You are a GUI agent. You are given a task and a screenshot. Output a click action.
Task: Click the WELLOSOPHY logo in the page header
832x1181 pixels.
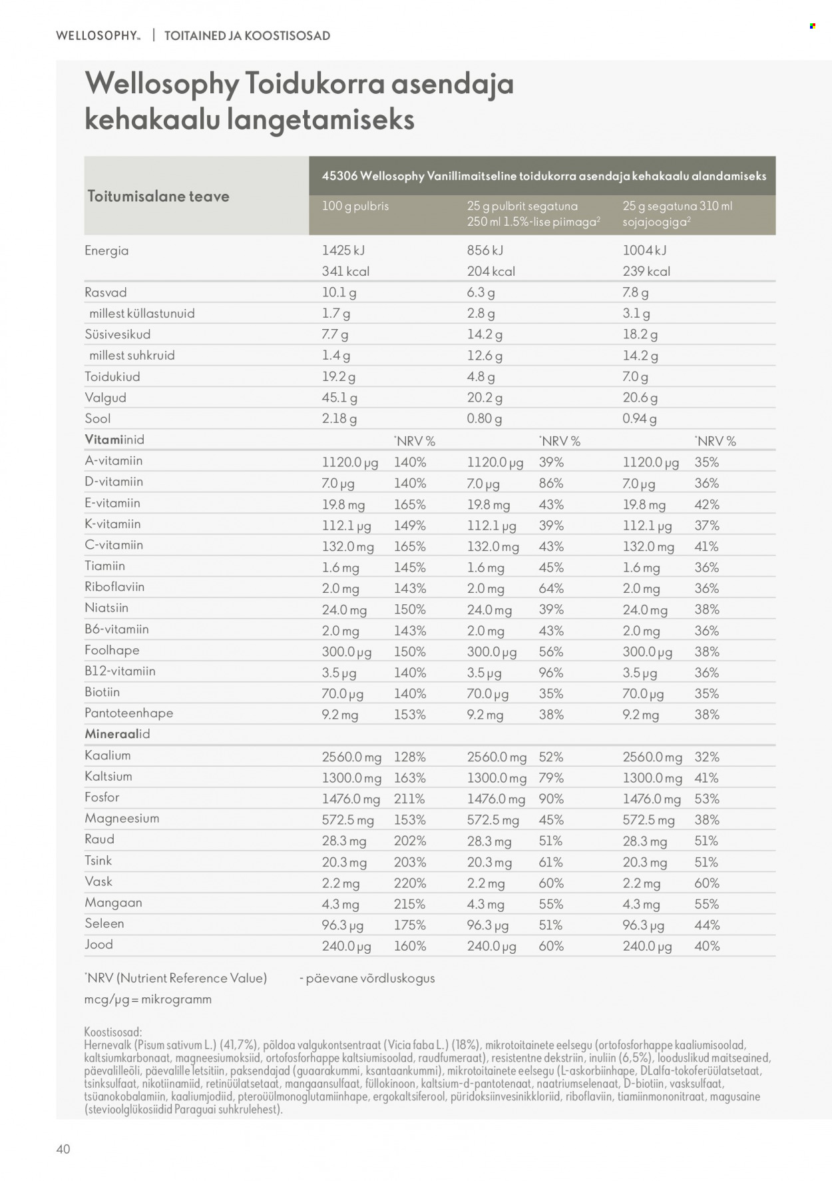click(98, 35)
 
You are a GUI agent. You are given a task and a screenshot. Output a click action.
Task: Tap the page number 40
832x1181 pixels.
click(63, 1149)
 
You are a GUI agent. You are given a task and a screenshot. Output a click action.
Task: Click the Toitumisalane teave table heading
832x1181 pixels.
click(158, 196)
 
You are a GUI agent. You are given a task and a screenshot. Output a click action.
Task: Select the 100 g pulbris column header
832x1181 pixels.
click(355, 206)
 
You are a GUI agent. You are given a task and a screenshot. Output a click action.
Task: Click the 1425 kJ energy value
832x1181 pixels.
click(343, 250)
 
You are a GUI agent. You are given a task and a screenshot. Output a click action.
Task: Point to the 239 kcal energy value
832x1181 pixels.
click(646, 271)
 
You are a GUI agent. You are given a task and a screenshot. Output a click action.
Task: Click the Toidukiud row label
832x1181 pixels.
click(112, 376)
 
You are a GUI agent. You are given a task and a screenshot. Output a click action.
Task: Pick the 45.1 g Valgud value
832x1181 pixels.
click(339, 398)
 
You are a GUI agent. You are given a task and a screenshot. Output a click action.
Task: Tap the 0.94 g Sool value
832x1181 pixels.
click(639, 419)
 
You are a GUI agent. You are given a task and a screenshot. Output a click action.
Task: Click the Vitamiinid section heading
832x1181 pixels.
click(114, 440)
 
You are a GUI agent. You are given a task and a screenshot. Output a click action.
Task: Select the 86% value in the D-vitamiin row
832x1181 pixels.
click(551, 483)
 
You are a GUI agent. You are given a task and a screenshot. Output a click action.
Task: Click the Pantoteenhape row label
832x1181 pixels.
click(129, 713)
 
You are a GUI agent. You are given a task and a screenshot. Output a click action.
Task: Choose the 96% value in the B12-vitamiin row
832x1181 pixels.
click(551, 673)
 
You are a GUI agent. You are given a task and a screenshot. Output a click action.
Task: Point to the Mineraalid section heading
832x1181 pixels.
click(117, 734)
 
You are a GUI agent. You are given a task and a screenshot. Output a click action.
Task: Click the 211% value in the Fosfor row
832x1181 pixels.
click(409, 799)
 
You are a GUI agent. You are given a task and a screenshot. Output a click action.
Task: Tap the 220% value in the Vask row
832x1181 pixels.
click(409, 883)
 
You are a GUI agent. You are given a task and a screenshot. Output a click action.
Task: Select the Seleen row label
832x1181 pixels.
click(104, 923)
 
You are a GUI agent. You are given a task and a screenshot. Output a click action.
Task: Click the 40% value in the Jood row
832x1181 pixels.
click(707, 946)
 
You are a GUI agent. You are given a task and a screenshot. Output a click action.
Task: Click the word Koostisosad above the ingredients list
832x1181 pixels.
click(113, 1032)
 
